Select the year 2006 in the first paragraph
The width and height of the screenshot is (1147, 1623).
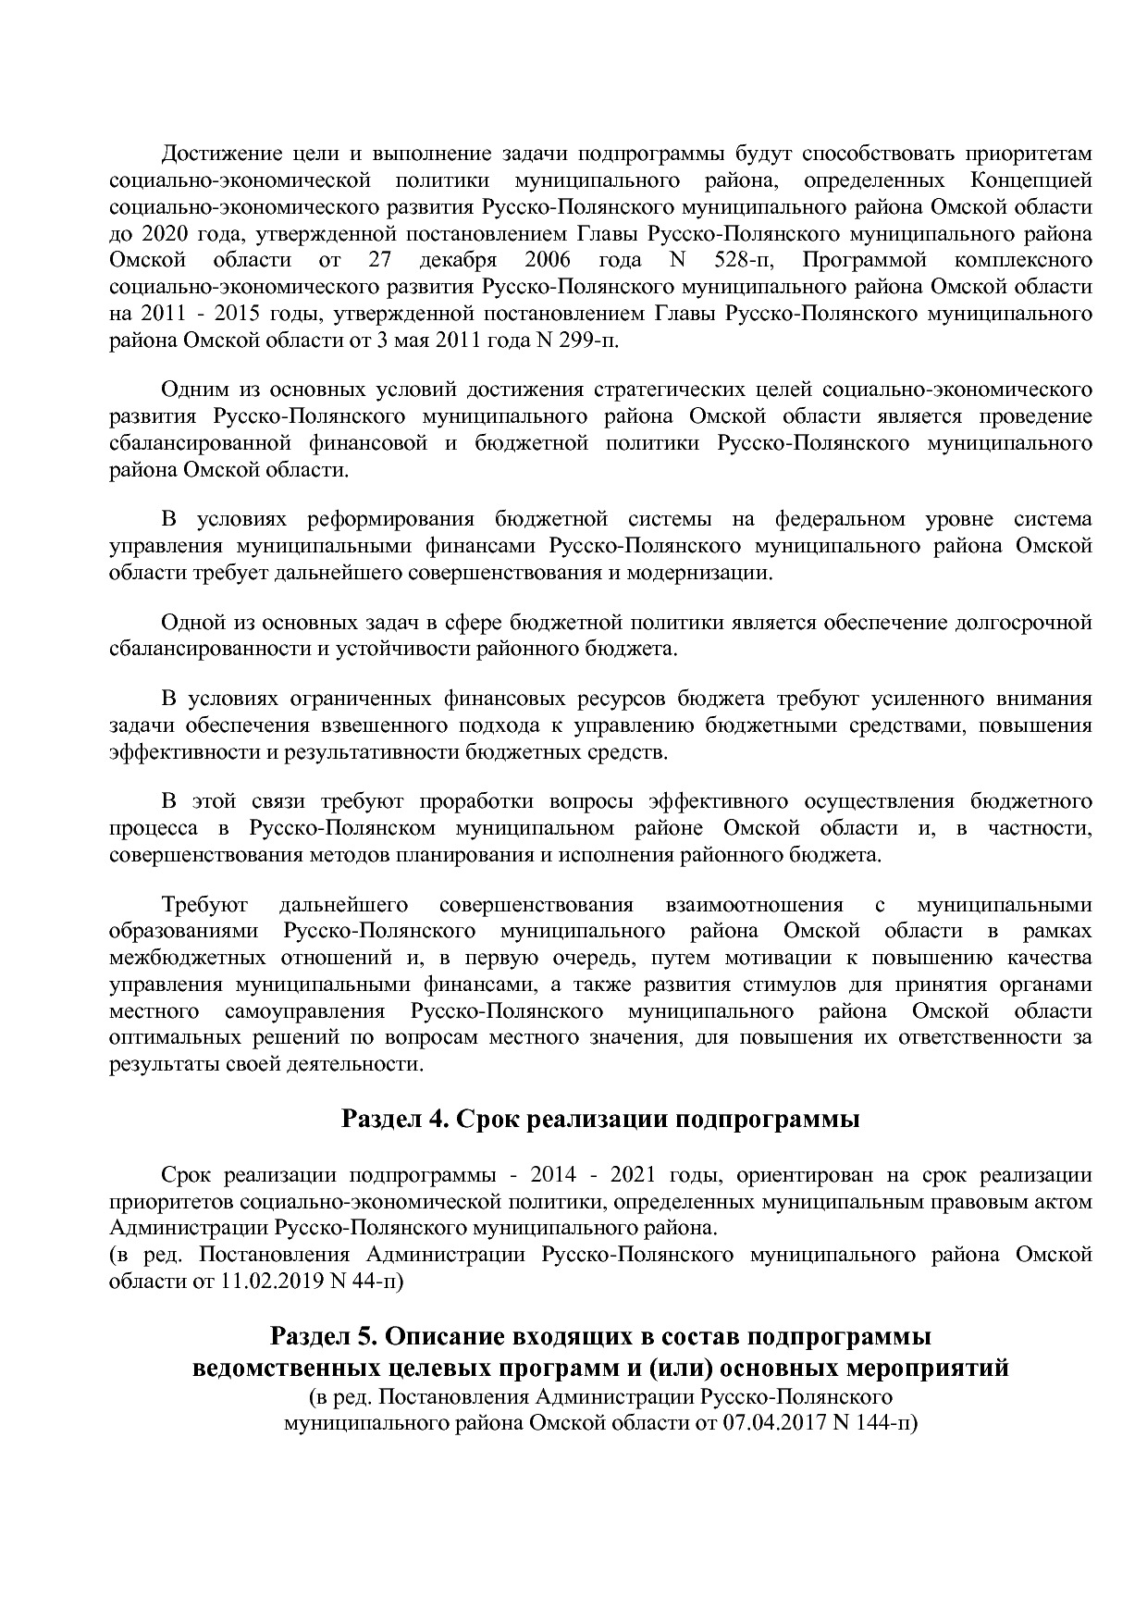click(547, 259)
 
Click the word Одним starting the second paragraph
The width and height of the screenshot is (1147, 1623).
click(191, 390)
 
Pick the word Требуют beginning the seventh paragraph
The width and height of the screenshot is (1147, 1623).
click(198, 904)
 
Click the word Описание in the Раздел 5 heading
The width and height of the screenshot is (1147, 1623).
click(451, 1337)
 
